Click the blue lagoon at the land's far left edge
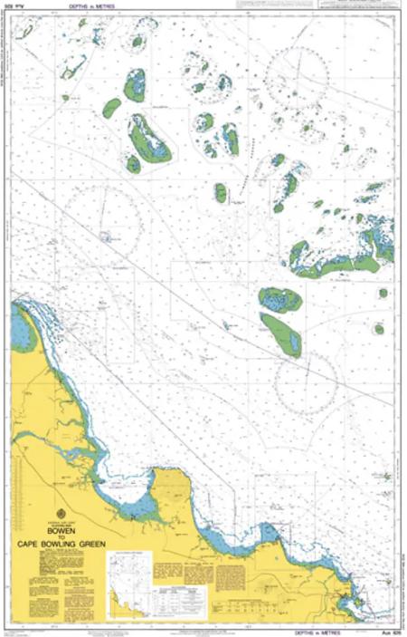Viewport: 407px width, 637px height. [x=22, y=330]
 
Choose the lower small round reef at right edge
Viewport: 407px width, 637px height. [x=380, y=329]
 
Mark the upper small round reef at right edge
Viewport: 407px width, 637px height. [x=383, y=294]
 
